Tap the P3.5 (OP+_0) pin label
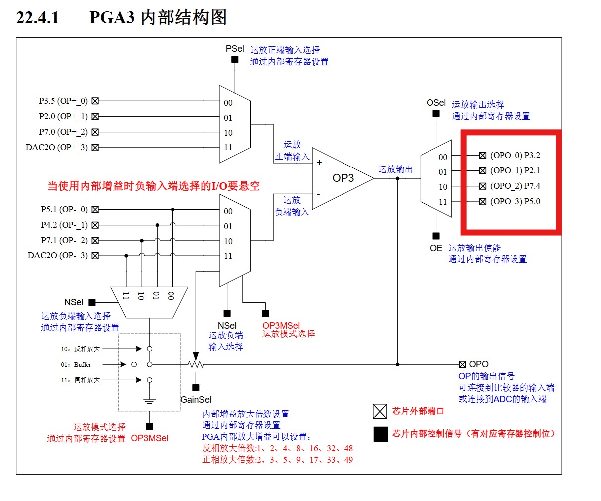(x=63, y=101)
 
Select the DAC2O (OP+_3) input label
(x=57, y=147)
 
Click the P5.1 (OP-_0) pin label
(x=64, y=210)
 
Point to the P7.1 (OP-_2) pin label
(x=64, y=241)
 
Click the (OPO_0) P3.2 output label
(x=515, y=155)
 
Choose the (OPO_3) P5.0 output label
(x=515, y=201)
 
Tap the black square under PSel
(x=235, y=60)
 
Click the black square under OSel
(x=436, y=113)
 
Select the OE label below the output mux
(x=436, y=248)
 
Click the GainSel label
(x=196, y=400)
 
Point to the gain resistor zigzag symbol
(x=196, y=364)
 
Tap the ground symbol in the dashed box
(x=149, y=401)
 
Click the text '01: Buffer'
(x=76, y=364)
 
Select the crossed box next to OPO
(x=462, y=364)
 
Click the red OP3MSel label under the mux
(x=281, y=326)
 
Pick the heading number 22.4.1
(x=38, y=18)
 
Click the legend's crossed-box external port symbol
(x=380, y=412)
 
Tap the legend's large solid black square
(x=380, y=434)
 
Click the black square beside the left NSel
(x=92, y=302)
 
